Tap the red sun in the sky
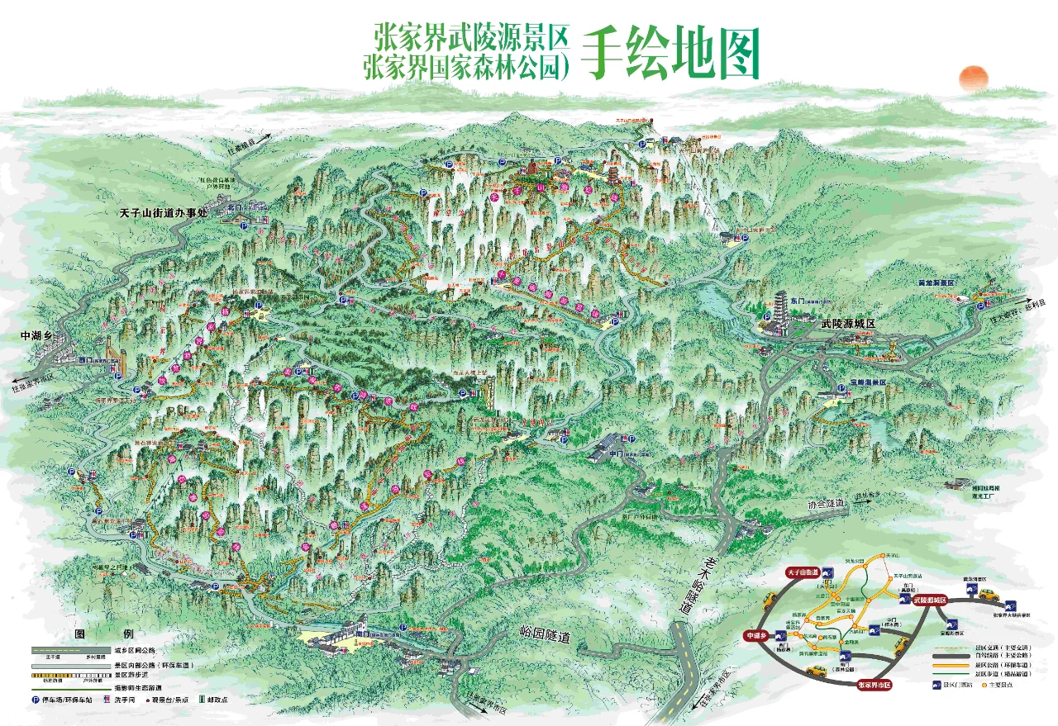point(973,78)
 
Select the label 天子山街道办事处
point(166,213)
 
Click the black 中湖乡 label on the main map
point(36,336)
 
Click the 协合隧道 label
point(826,503)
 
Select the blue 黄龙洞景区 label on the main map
point(936,282)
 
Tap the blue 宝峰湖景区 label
point(867,382)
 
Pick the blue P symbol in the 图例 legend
point(36,699)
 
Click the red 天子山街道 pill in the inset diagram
point(802,572)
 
